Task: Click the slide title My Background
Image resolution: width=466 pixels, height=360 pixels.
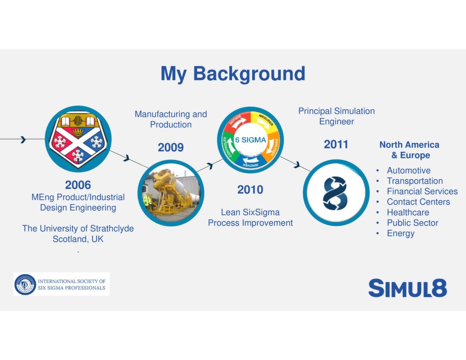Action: coord(233,74)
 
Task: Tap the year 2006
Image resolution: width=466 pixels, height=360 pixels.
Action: coord(78,185)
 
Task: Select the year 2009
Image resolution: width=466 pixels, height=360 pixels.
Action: coord(171,147)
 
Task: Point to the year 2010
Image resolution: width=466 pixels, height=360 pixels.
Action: coord(250,190)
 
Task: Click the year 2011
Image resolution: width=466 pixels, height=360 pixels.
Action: coord(336,145)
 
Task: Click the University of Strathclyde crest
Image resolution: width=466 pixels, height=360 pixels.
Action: coord(78,139)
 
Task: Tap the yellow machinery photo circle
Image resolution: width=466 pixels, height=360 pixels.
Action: coord(171,193)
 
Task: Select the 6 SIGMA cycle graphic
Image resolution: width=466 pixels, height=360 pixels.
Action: coord(250,140)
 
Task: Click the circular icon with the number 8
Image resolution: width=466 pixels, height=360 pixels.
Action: coord(336,193)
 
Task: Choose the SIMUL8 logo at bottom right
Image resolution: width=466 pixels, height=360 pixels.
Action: coord(407,289)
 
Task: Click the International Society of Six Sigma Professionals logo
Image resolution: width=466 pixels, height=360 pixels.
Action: coord(61,284)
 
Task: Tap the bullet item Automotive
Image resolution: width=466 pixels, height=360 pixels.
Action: coord(408,171)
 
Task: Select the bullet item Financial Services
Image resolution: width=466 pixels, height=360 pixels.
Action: coord(422,192)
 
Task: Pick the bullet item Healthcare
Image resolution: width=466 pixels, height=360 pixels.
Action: coord(408,213)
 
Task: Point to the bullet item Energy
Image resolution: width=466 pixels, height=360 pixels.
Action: coord(400,233)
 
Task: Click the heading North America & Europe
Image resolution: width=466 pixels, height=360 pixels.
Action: coord(409,150)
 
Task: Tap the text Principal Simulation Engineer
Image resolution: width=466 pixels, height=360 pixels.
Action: coord(336,116)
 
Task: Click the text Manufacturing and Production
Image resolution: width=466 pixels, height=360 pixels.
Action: coord(171,119)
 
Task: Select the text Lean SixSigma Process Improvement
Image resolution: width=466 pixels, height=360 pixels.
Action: coord(250,218)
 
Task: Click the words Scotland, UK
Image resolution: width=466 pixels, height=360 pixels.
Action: coord(78,239)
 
